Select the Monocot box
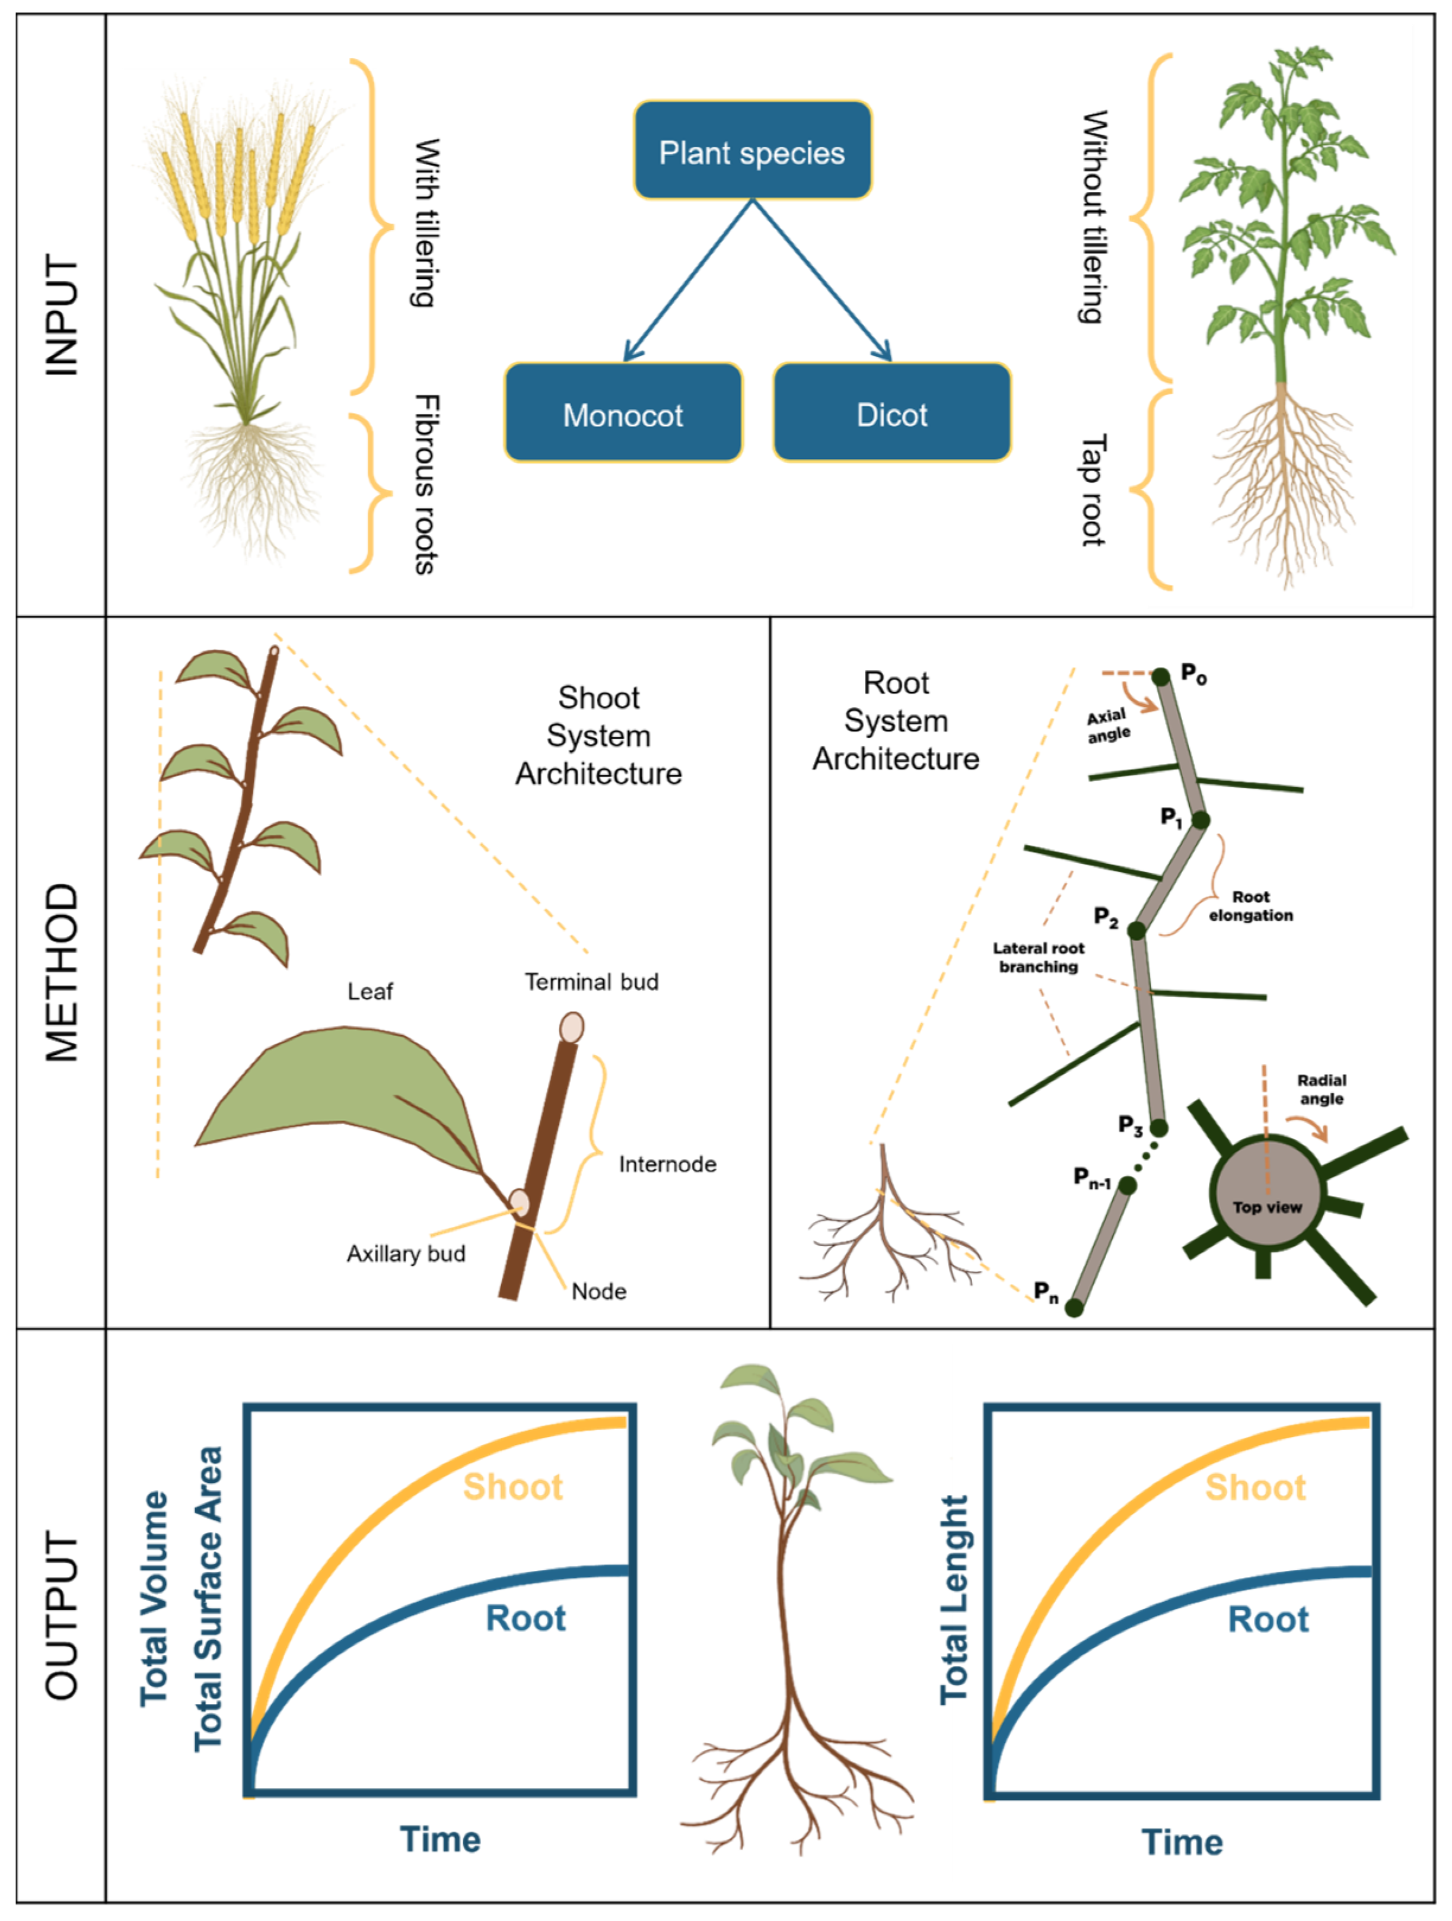coord(623,414)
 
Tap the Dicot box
coord(892,414)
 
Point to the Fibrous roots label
coord(425,485)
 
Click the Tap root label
coord(1093,491)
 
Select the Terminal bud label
coord(591,982)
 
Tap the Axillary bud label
coord(406,1254)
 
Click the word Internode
coord(667,1165)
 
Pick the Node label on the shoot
coord(598,1292)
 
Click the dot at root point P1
coord(1200,820)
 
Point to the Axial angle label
coord(1108,725)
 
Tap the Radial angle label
coord(1322,1090)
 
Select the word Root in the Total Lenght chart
coord(1268,1620)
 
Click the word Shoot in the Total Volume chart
coord(512,1487)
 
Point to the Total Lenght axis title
coord(954,1599)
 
